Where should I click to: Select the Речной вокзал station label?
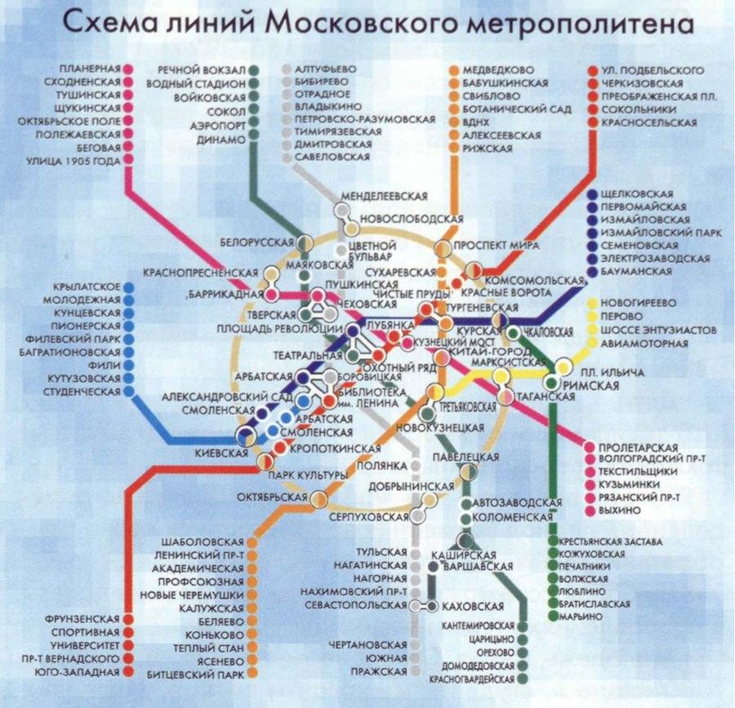click(203, 69)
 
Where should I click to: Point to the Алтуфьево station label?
click(322, 69)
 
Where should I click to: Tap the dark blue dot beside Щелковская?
click(590, 194)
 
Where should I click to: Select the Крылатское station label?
click(86, 287)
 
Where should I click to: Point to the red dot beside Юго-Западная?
click(129, 671)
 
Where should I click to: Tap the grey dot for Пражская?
click(416, 671)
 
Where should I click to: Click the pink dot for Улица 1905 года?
click(129, 161)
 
